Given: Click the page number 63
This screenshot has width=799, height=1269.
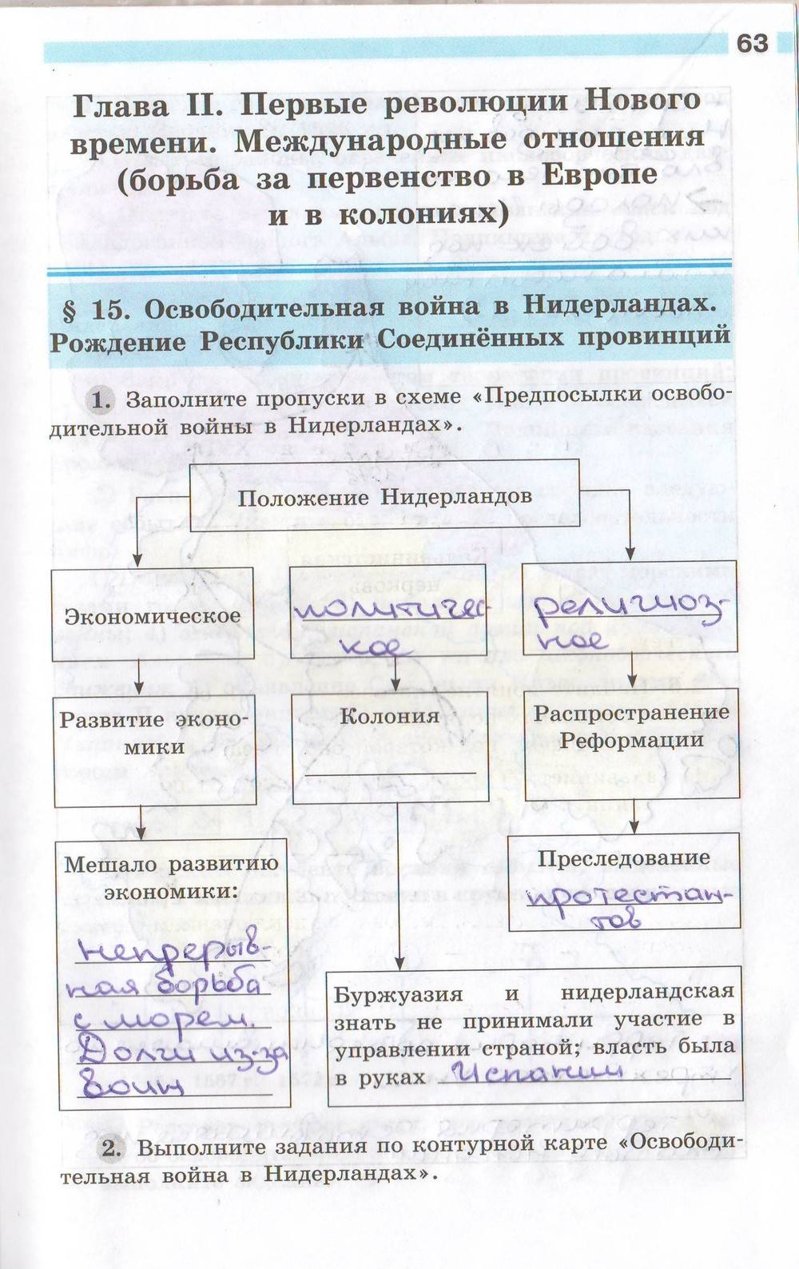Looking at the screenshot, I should pyautogui.click(x=752, y=43).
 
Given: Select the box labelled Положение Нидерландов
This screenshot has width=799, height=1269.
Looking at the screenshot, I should pyautogui.click(x=384, y=497).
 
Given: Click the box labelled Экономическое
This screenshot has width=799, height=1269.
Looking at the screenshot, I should pyautogui.click(x=153, y=615).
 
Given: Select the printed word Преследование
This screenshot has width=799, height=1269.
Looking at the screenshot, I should pyautogui.click(x=624, y=858).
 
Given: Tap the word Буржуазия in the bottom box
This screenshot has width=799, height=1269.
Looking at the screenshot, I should pyautogui.click(x=398, y=994).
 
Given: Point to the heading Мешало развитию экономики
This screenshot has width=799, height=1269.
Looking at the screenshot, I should pyautogui.click(x=172, y=877).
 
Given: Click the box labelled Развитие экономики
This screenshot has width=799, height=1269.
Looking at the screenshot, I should pyautogui.click(x=155, y=733).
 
